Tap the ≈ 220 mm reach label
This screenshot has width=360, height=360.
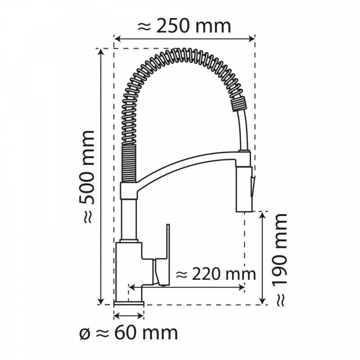point(215,273)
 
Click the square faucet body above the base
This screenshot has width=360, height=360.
point(129,270)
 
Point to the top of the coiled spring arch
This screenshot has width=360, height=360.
point(180,56)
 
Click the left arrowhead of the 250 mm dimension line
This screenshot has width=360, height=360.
point(117,38)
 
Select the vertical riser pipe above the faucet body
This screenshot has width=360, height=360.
point(129,220)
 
